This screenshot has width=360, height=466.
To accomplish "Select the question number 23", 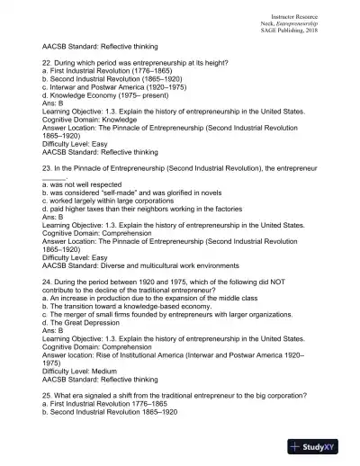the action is click(x=47, y=168).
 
